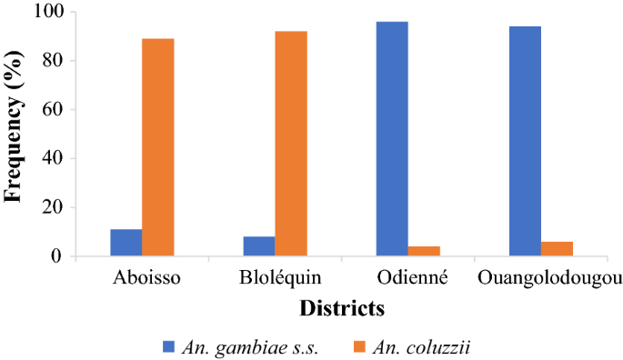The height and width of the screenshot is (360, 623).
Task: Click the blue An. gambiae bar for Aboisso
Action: tap(126, 243)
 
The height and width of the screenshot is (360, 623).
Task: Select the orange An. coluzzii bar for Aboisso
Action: tap(157, 147)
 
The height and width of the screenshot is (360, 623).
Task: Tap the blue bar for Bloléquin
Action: tap(259, 246)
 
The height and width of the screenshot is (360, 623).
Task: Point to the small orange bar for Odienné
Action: tap(424, 251)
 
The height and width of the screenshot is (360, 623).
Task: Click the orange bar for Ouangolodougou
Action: tap(557, 249)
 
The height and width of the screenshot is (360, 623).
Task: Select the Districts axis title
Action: tap(341, 308)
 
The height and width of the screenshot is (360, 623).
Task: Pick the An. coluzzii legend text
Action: tap(426, 346)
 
